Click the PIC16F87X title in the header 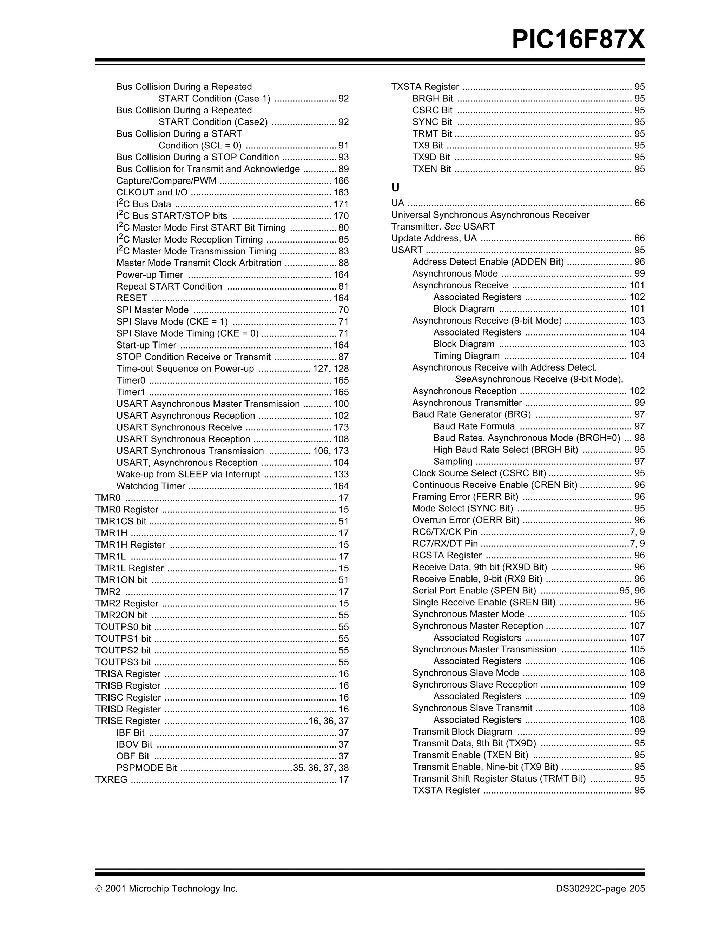578,40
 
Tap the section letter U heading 395,187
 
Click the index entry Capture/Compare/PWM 166,181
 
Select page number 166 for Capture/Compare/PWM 341,181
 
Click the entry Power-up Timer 149,275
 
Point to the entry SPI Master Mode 152,310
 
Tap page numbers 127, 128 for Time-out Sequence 331,369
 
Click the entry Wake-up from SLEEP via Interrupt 188,474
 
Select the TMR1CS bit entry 120,522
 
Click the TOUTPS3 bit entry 123,662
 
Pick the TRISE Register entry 128,721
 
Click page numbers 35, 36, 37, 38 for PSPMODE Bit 321,768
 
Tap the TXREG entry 111,780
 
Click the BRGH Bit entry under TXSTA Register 432,99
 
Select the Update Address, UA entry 434,238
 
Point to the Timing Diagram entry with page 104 466,356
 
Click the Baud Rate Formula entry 474,426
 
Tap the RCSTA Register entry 447,556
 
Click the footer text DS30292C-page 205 600,889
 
